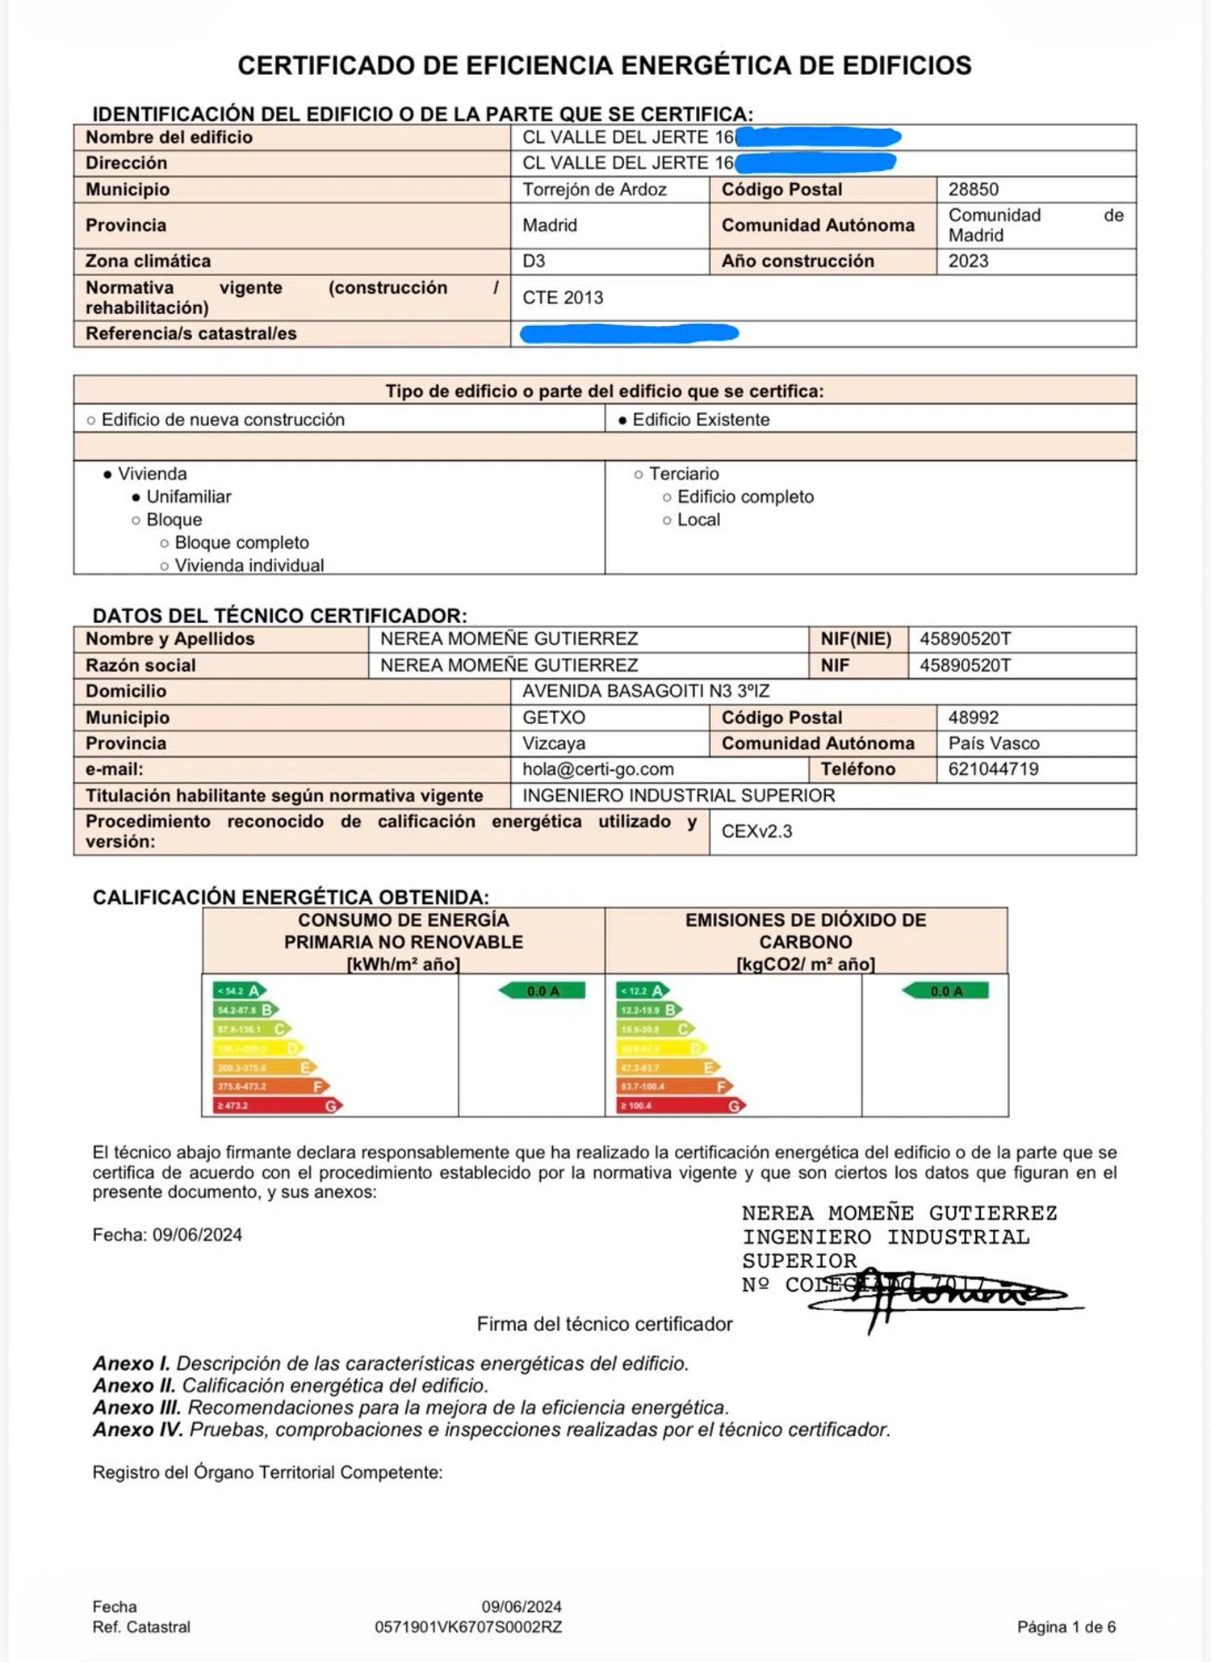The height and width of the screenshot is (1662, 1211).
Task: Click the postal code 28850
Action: click(973, 190)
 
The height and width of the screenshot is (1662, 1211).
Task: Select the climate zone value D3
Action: click(534, 262)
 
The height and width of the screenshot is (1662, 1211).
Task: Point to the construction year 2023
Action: click(968, 262)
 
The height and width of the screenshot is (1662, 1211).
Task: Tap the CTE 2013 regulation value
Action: click(563, 298)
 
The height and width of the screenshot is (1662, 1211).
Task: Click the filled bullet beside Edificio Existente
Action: click(622, 421)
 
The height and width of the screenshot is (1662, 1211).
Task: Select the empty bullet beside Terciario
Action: click(639, 475)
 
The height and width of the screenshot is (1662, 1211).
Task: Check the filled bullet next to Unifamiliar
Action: click(136, 497)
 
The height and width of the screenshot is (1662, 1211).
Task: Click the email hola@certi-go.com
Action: click(597, 769)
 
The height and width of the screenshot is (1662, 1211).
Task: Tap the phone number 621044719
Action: click(993, 769)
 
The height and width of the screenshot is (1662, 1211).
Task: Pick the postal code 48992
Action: click(973, 718)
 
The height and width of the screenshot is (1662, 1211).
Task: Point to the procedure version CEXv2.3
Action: click(756, 831)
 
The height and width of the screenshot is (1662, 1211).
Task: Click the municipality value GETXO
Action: click(554, 718)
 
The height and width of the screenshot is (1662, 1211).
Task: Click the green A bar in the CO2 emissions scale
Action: click(643, 990)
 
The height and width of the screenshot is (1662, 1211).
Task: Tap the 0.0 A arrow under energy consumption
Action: click(543, 991)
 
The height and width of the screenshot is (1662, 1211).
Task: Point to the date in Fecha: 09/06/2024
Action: click(197, 1235)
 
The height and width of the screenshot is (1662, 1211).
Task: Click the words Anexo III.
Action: click(137, 1408)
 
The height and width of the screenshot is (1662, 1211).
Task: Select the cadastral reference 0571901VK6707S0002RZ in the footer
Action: click(468, 1627)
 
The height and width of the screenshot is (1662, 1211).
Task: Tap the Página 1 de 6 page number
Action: click(1066, 1627)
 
